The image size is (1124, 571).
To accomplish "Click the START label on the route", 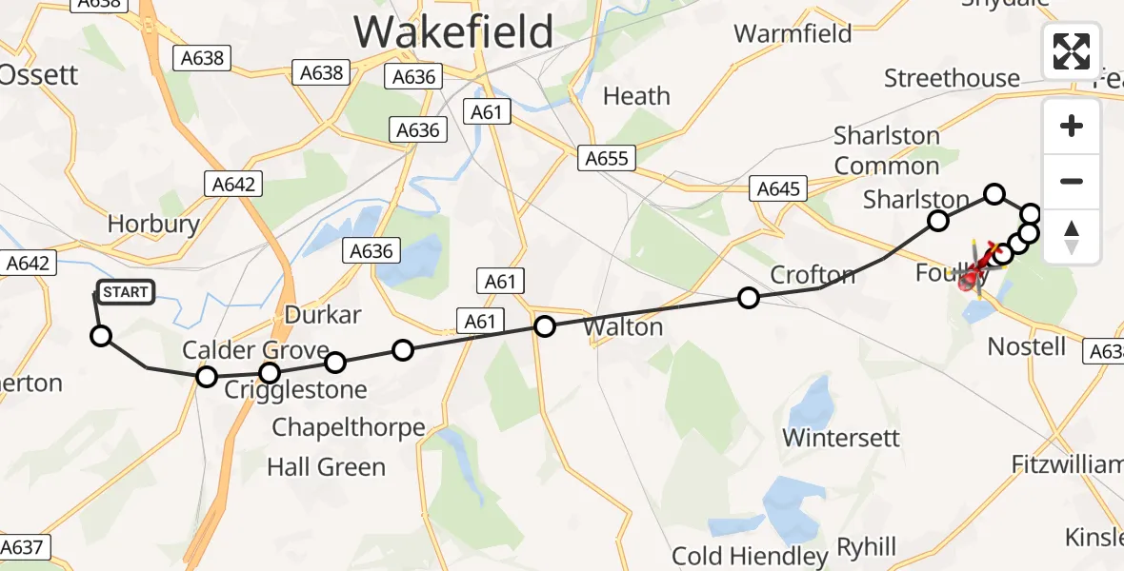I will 125,292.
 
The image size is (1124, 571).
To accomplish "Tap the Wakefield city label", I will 453,32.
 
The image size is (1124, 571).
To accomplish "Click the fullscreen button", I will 1072,51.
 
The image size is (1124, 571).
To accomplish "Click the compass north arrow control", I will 1072,236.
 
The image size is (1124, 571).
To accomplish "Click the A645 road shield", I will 778,188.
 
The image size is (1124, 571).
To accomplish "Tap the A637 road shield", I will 22,547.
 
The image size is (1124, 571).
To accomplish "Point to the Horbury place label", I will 153,224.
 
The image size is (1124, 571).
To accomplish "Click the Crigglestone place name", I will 295,389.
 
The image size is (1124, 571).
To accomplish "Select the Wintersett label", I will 841,438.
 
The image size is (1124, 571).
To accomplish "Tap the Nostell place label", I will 1027,345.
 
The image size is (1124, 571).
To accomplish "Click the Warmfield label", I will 793,34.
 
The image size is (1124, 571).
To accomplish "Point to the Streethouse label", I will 952,78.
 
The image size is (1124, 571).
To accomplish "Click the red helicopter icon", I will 975,276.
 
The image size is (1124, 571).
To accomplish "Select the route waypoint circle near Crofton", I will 749,299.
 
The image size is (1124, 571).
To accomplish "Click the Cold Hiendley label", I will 750,556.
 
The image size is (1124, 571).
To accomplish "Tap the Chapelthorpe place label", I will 349,427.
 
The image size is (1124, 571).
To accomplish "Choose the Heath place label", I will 637,96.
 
